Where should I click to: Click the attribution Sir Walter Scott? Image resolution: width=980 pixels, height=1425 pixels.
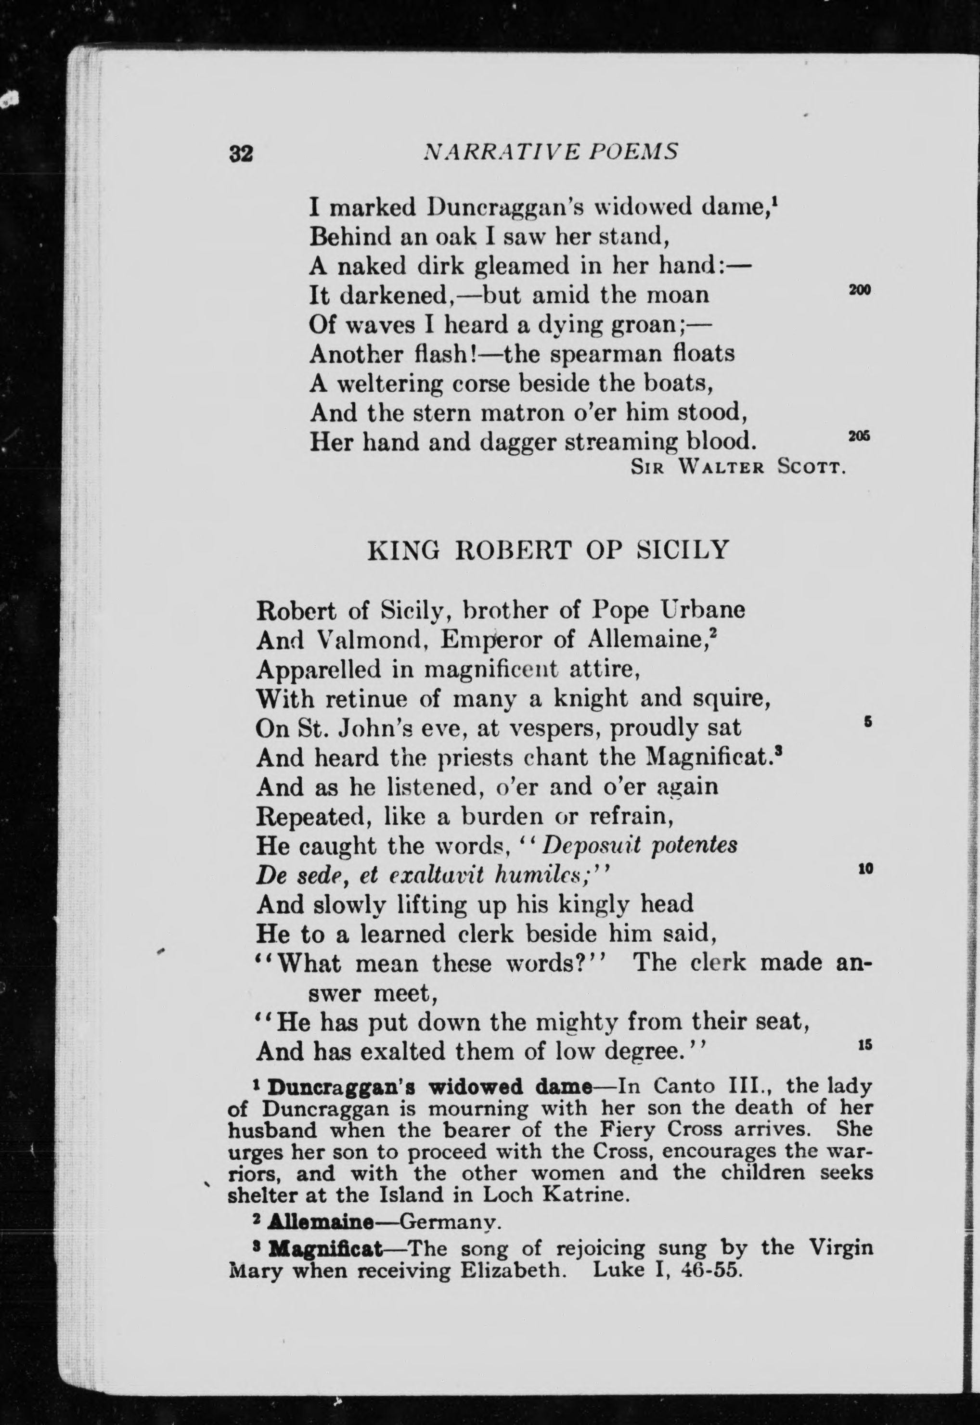point(739,468)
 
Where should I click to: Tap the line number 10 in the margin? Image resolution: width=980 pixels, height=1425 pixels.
point(864,869)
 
